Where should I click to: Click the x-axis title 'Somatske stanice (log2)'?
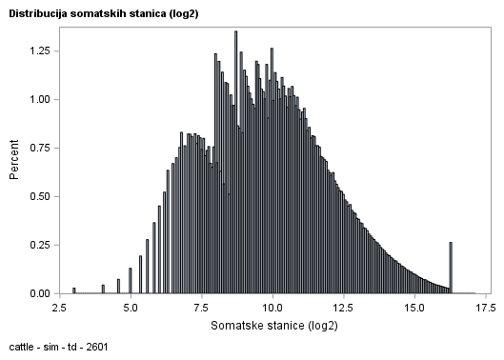click(x=272, y=326)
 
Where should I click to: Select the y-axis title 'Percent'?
click(x=15, y=161)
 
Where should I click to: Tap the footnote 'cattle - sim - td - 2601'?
click(x=58, y=348)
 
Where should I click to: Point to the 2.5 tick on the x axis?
click(x=59, y=309)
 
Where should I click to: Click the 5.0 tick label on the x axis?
click(x=131, y=309)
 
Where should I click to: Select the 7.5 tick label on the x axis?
click(x=201, y=309)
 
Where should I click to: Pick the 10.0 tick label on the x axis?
click(x=272, y=309)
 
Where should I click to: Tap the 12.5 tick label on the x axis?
click(x=343, y=309)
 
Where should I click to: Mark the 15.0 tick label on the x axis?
click(x=414, y=309)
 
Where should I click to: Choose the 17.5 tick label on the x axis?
click(x=485, y=309)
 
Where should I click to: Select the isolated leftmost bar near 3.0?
click(x=73, y=290)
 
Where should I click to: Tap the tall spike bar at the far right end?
click(x=451, y=269)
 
